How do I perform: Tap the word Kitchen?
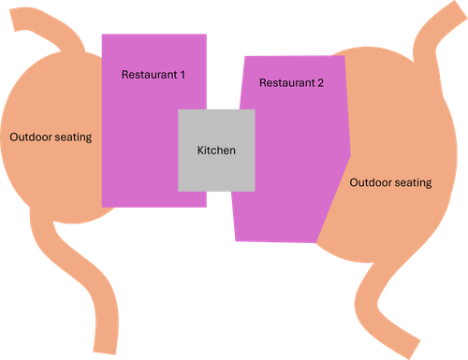[x=216, y=150]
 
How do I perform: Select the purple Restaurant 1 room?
[x=140, y=140]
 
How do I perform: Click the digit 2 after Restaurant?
[x=320, y=83]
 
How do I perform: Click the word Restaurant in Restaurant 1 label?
[x=148, y=73]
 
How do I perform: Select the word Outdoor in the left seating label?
[x=32, y=137]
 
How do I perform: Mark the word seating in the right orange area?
[x=413, y=183]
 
